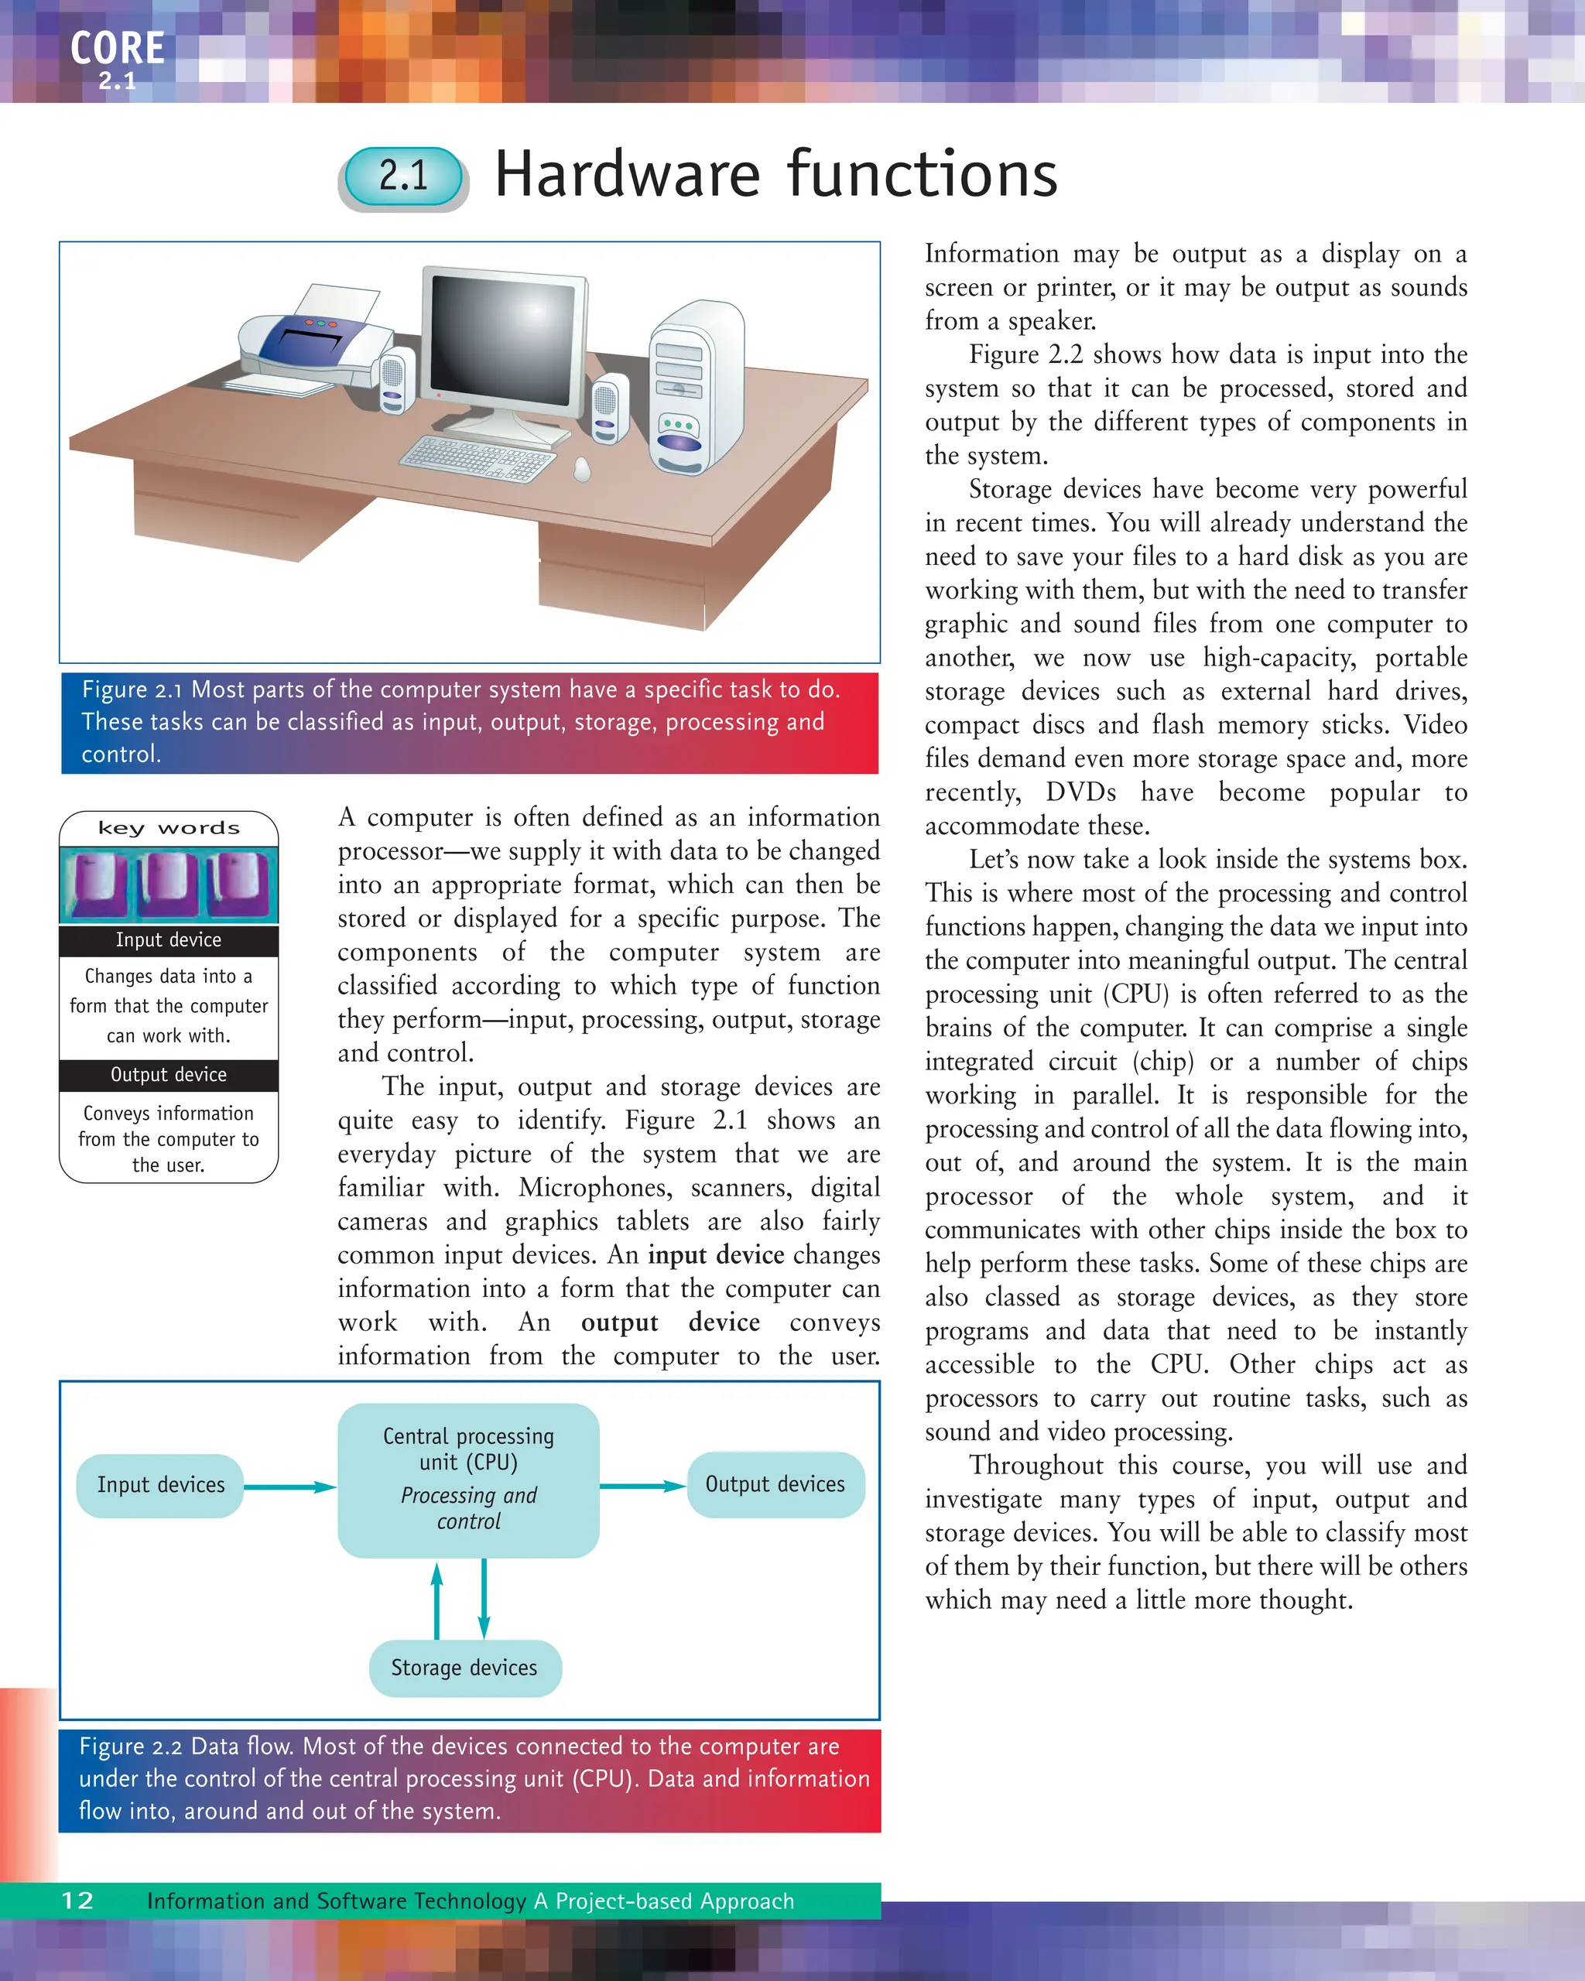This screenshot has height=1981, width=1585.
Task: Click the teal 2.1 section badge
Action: click(x=404, y=176)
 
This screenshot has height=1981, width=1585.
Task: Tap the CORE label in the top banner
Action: click(x=118, y=48)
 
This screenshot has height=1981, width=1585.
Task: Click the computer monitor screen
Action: click(x=506, y=340)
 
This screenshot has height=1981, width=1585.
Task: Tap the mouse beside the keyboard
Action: click(x=582, y=470)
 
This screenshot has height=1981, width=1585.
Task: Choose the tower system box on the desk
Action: click(x=696, y=386)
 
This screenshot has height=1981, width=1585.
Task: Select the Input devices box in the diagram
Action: click(x=161, y=1485)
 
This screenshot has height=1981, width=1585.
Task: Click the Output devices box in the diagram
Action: click(x=775, y=1484)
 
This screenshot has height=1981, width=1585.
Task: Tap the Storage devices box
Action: click(x=464, y=1668)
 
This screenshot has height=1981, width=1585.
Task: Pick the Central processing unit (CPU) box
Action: click(x=468, y=1480)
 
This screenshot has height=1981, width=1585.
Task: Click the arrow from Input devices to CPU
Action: click(x=289, y=1487)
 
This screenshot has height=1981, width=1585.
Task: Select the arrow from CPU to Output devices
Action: click(x=643, y=1486)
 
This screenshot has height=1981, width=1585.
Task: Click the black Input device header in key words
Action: click(x=168, y=940)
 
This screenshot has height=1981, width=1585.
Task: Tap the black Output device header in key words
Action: click(x=168, y=1075)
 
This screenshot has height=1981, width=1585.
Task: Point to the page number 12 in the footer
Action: click(x=77, y=1901)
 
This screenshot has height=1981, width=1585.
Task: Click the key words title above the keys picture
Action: click(x=168, y=828)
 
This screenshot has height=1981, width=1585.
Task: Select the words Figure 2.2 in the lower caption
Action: click(x=132, y=1746)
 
